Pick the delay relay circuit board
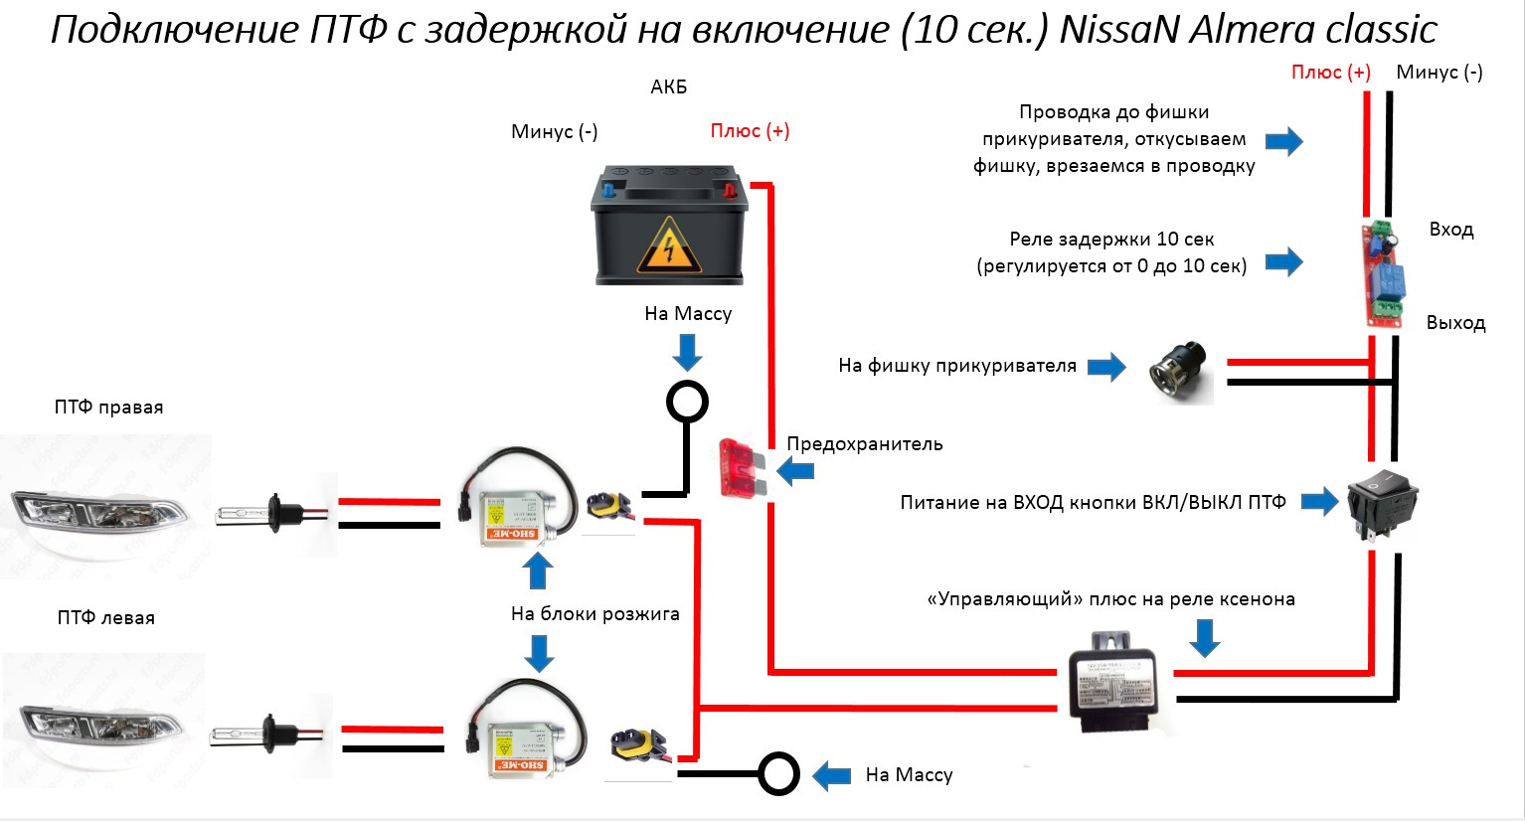pos(1382,273)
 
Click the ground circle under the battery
pos(687,403)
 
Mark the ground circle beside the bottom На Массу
pos(778,773)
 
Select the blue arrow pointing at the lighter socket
pos(1105,366)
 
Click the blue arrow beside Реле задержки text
pos(1283,261)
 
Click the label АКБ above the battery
pos(668,87)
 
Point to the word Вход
pos(1450,230)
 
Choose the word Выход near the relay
pos(1455,323)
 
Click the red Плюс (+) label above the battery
pos(750,131)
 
